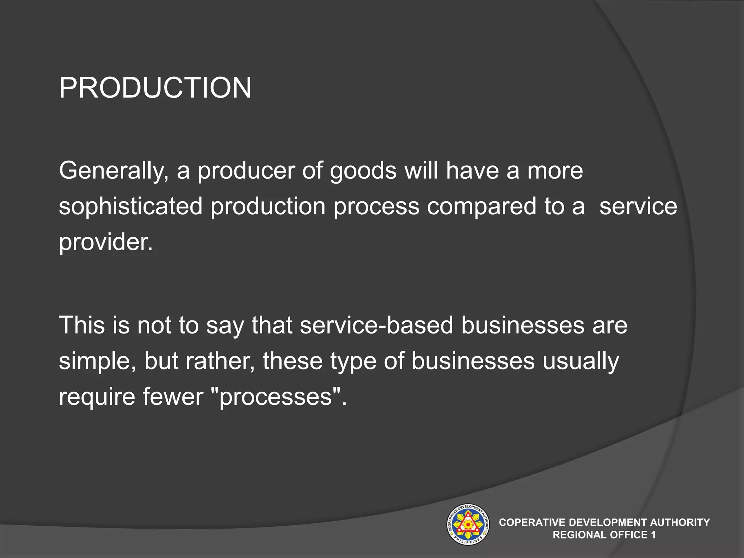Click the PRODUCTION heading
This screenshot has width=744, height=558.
tap(155, 88)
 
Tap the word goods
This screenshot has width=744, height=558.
tap(363, 171)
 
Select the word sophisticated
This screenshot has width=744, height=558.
tap(130, 206)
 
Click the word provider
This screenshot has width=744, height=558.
tap(106, 242)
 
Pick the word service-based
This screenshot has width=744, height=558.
tap(376, 325)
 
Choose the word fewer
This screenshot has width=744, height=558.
tap(173, 396)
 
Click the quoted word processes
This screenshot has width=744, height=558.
tap(276, 396)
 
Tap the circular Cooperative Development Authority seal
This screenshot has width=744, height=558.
tap(468, 524)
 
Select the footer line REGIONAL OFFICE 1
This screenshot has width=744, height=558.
tap(604, 535)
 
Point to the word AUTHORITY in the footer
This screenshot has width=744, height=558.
tap(680, 522)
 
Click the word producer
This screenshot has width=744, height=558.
tap(246, 171)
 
